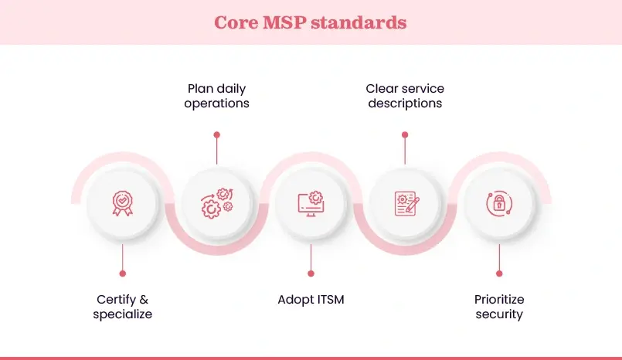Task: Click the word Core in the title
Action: pos(236,22)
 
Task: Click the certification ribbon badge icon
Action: pos(122,204)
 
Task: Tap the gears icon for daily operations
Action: pos(216,204)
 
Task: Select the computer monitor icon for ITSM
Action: pos(311,204)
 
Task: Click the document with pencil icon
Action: pos(405,204)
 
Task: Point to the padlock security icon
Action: pos(499,204)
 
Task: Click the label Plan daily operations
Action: pos(216,97)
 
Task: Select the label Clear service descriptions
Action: pos(405,97)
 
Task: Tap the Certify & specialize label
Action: pos(122,307)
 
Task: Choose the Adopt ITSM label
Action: pos(311,300)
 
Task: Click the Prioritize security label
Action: pos(499,307)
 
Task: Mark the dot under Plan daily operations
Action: pos(216,134)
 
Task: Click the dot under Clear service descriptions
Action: pos(405,134)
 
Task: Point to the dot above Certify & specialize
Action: pos(122,273)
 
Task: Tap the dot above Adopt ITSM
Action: pos(311,273)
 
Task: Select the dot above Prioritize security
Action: pos(499,273)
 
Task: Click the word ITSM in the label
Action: pos(328,300)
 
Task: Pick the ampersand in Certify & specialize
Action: pos(144,300)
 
